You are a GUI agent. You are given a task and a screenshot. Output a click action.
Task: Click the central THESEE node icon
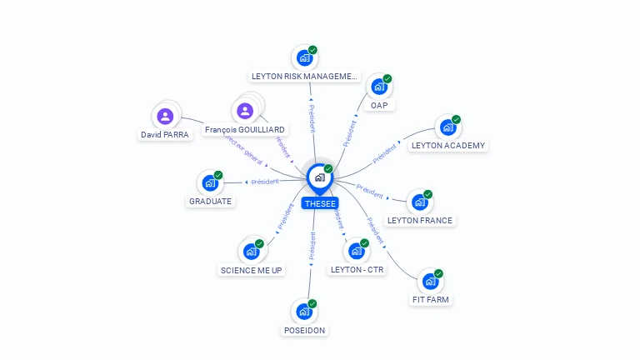(319, 177)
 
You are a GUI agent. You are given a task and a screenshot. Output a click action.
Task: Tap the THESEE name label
(320, 203)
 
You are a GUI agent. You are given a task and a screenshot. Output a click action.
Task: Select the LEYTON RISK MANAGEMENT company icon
(304, 58)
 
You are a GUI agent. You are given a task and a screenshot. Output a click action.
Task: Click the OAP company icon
(379, 87)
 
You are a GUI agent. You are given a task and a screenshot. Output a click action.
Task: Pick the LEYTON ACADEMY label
(448, 145)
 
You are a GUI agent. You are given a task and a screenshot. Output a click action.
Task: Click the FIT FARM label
(432, 298)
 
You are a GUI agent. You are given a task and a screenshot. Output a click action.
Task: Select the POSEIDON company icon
(304, 312)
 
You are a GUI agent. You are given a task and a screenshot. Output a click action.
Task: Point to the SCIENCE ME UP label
(252, 270)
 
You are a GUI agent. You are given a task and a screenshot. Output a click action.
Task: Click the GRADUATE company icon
(210, 182)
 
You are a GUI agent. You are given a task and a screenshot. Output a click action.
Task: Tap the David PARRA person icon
(165, 116)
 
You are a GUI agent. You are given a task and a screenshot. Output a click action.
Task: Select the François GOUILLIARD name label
(245, 130)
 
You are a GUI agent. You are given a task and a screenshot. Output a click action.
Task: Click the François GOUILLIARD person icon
(245, 111)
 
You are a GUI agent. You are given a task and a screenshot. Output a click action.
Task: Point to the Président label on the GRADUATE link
(265, 182)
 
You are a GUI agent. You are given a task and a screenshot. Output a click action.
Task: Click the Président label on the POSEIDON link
(312, 247)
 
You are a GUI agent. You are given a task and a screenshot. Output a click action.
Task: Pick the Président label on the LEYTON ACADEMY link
(384, 153)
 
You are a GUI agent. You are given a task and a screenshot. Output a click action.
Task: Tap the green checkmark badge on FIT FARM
(438, 273)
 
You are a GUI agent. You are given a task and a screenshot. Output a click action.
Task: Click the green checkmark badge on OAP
(387, 78)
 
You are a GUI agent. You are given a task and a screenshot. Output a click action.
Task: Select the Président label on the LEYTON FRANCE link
(369, 191)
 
